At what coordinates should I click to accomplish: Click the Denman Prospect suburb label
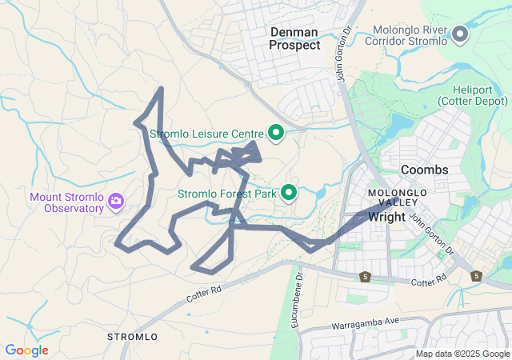point(294,38)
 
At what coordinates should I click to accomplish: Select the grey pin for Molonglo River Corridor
point(460,34)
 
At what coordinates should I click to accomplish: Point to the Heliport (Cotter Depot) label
point(472,94)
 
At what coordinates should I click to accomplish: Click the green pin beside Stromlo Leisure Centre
point(276,132)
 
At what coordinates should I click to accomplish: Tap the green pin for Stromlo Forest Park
point(289,192)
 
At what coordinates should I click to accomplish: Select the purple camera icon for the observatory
point(116,200)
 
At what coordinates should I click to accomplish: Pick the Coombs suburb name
point(424,170)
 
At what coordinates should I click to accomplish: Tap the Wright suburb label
point(386,216)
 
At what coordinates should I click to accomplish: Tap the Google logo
point(26,350)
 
